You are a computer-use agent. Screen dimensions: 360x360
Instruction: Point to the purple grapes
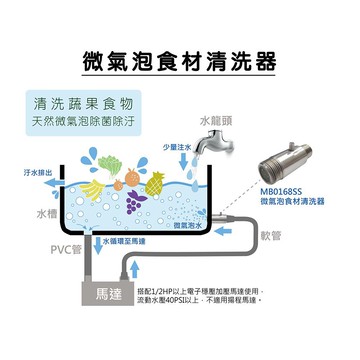133,199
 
